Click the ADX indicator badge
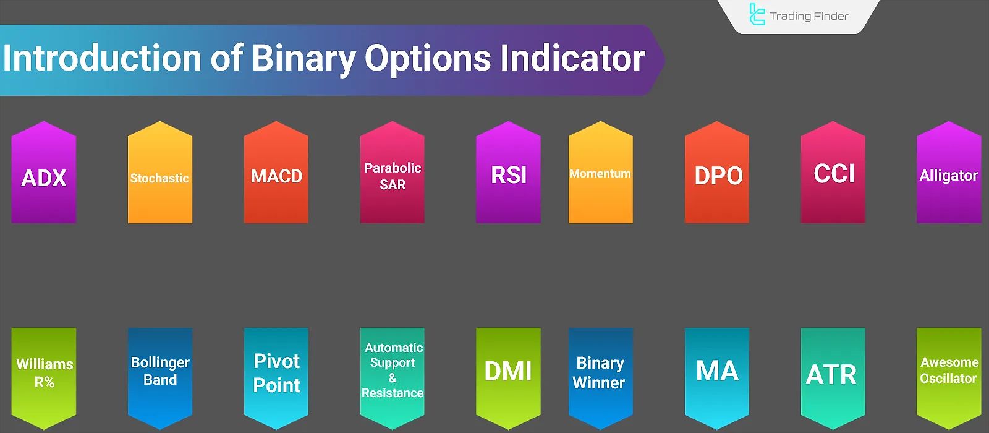click(44, 173)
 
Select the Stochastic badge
click(160, 173)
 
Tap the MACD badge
click(276, 173)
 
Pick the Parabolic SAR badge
click(392, 173)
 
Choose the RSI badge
click(508, 173)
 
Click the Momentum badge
click(600, 173)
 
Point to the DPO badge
click(716, 173)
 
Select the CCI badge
click(833, 173)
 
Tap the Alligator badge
click(949, 173)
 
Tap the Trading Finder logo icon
click(757, 14)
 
